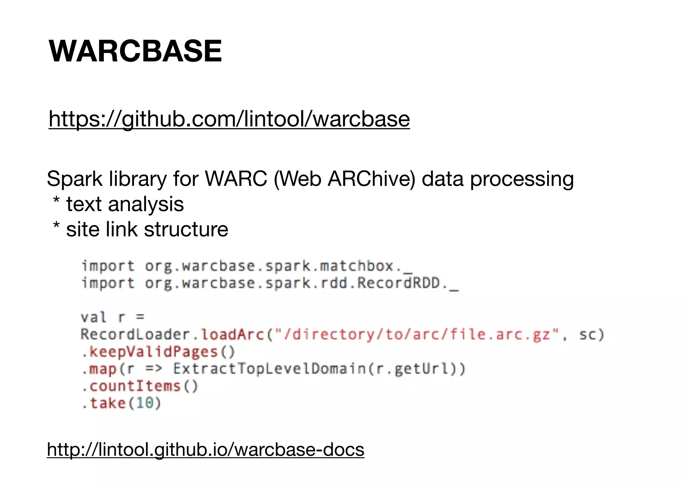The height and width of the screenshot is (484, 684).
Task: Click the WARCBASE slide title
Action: [135, 51]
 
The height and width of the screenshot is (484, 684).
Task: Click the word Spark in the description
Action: [74, 179]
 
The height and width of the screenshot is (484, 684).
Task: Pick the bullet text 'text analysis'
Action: [125, 204]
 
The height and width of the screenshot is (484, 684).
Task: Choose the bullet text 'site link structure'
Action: [147, 229]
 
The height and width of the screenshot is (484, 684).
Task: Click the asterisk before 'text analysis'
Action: [56, 201]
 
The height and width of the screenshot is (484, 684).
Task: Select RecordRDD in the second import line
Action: [399, 283]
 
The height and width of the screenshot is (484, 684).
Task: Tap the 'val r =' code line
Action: [112, 317]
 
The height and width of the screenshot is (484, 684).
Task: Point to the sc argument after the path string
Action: [587, 334]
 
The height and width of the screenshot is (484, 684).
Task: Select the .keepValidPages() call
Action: [158, 352]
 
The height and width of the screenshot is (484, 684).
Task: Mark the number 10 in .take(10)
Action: [145, 403]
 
